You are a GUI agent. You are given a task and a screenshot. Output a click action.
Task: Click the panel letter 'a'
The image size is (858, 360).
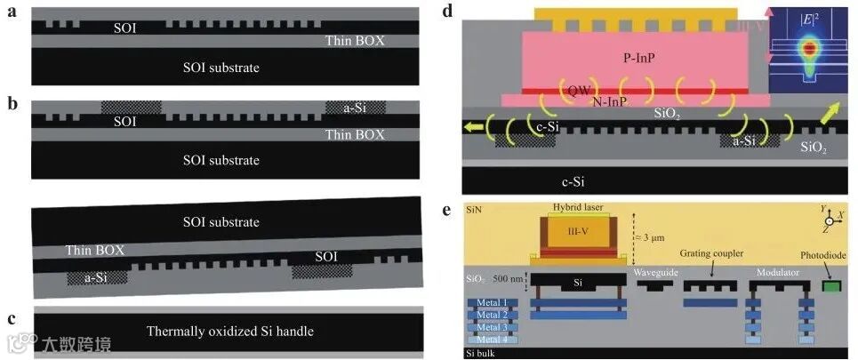pos(11,12)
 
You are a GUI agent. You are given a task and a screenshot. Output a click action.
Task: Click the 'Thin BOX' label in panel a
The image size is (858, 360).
pos(354,41)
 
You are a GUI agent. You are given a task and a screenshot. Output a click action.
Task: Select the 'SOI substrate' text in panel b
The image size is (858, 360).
pos(220,161)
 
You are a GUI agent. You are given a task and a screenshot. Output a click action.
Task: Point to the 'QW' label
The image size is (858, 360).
pos(579,90)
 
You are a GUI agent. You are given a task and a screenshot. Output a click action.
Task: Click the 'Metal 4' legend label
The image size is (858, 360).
pos(492,340)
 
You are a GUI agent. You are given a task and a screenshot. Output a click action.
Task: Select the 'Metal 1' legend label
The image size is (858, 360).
pos(492,302)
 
